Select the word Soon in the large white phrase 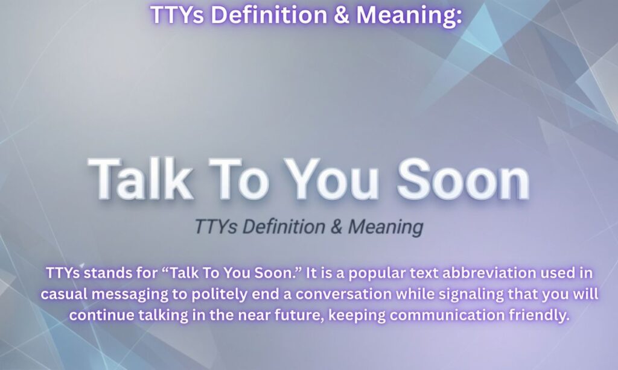tap(462, 179)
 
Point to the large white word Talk tap(140, 179)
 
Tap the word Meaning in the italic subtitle tap(385, 227)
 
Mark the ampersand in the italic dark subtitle tap(336, 227)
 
